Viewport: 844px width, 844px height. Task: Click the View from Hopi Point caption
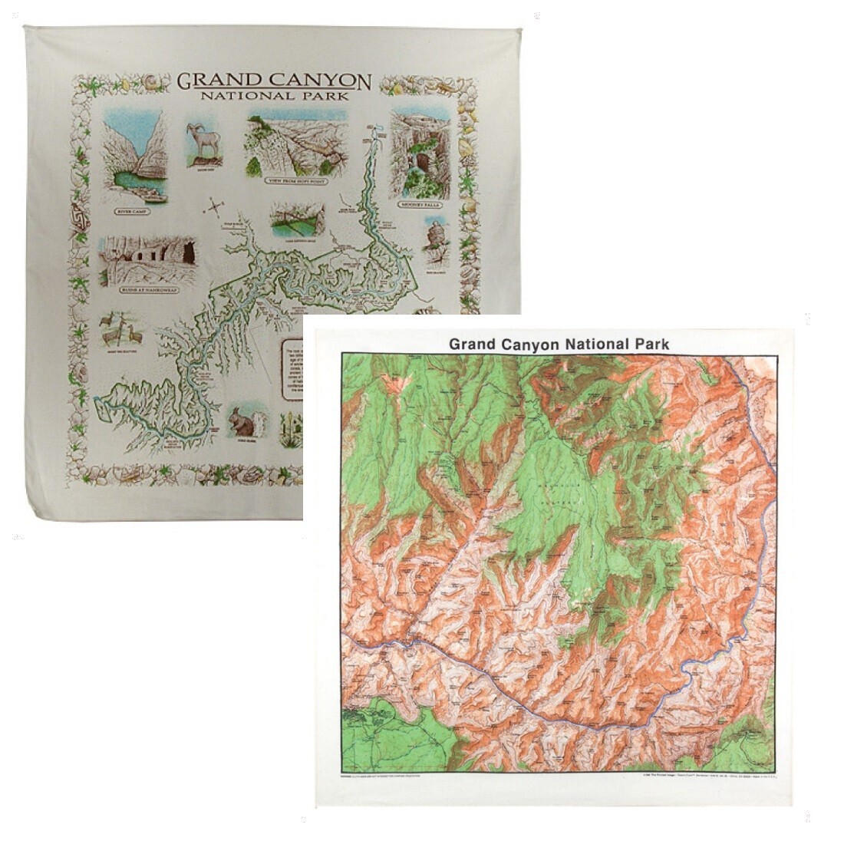[x=295, y=180]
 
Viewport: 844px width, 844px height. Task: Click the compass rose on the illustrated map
[x=216, y=206]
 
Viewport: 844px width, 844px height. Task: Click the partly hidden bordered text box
[x=292, y=368]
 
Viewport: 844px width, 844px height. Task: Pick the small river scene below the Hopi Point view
[x=292, y=220]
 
